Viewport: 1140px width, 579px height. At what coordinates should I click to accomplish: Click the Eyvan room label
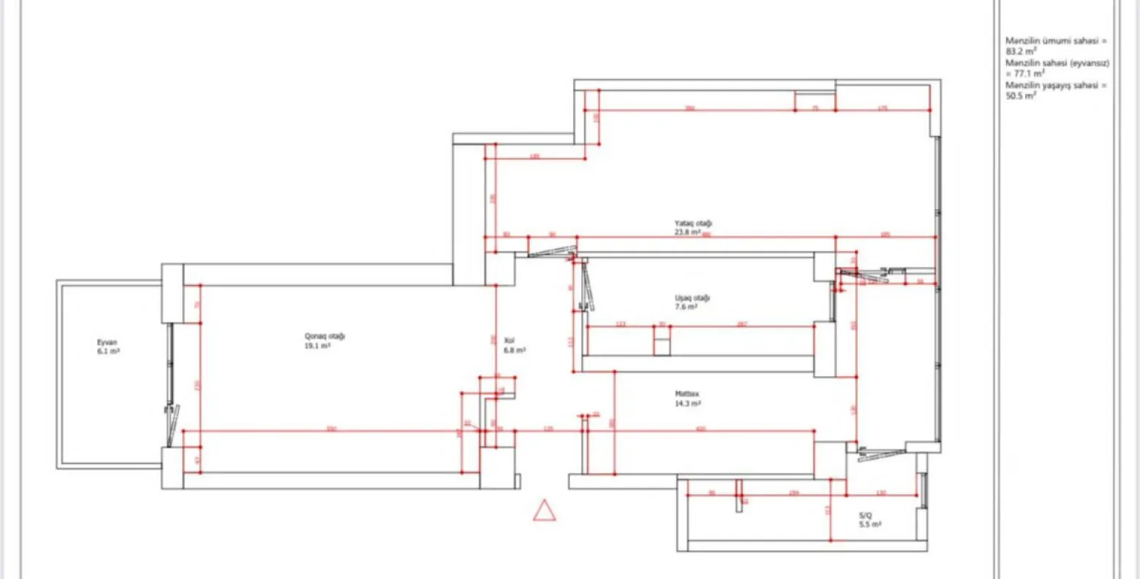click(x=107, y=342)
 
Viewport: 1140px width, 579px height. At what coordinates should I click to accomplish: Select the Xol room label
click(x=509, y=340)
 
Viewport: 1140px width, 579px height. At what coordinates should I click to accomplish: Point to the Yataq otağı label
click(x=693, y=224)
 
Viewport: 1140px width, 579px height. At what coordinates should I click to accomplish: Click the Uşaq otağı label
click(x=692, y=298)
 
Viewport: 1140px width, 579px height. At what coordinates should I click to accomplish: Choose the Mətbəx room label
click(x=686, y=394)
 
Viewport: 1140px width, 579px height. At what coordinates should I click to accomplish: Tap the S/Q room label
click(x=865, y=516)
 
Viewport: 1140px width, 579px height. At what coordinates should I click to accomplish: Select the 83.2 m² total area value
click(x=1020, y=52)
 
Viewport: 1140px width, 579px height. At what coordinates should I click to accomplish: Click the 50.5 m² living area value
click(x=1020, y=96)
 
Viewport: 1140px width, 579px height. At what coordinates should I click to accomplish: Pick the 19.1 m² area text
click(x=318, y=346)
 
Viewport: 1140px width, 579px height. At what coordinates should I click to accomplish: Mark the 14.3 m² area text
click(x=687, y=404)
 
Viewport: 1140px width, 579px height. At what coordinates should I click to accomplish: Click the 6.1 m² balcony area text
click(x=108, y=351)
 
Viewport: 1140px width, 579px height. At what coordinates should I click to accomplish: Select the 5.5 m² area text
click(x=869, y=525)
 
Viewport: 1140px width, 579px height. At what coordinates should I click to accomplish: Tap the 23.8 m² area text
click(x=687, y=233)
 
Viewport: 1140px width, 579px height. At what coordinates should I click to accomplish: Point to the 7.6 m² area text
click(x=686, y=307)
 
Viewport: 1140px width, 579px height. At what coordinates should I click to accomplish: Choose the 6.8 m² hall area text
click(x=514, y=350)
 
